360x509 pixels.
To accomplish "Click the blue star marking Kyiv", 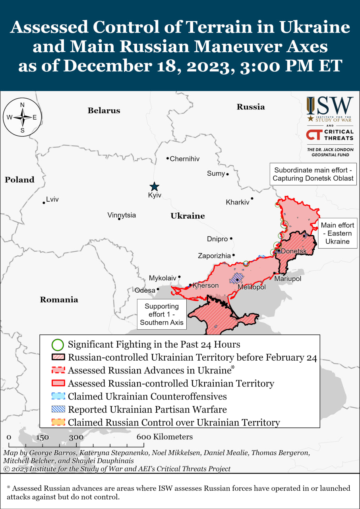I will (154, 187).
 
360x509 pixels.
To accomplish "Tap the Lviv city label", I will (52, 199).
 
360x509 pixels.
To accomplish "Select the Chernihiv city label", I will (184, 159).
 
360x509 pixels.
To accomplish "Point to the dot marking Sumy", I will (228, 174).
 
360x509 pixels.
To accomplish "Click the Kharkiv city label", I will (237, 202).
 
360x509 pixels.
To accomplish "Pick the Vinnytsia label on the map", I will (121, 215).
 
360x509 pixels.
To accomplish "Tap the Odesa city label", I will (145, 290).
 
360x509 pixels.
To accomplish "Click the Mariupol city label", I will (288, 279).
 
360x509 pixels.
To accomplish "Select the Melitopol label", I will (252, 287).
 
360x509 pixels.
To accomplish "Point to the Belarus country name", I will (104, 111).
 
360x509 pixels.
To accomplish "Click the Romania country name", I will (59, 299).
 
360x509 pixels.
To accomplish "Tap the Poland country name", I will (19, 180).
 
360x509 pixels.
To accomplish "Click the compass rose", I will (22, 117).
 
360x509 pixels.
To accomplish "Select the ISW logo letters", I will (329, 106).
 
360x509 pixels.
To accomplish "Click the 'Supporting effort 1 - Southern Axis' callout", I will (161, 314).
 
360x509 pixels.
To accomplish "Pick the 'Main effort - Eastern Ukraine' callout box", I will (337, 233).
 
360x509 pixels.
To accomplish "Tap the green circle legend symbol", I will (58, 344).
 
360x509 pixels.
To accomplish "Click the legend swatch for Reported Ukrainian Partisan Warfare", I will (58, 410).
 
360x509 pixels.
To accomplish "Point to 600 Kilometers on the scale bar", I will (165, 437).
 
